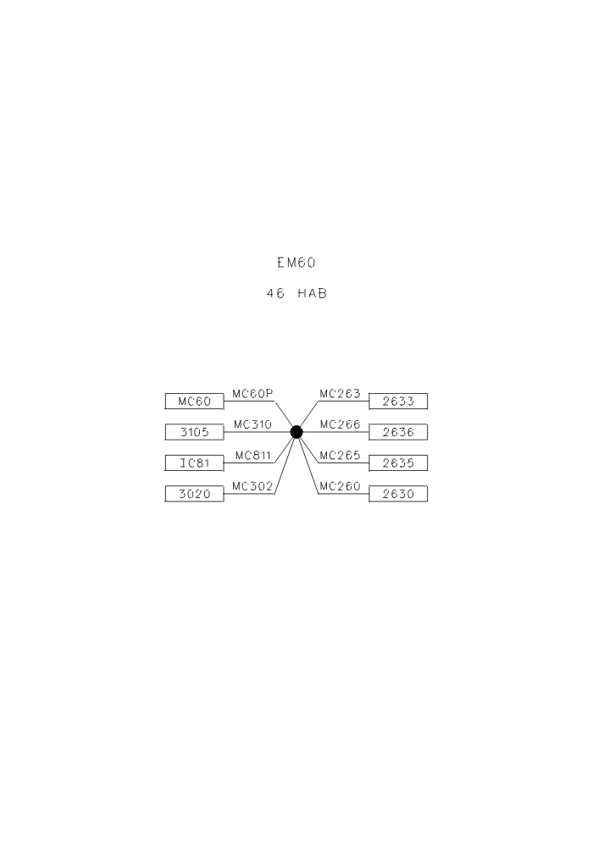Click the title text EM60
pyautogui.click(x=296, y=263)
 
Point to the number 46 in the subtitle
pyautogui.click(x=275, y=294)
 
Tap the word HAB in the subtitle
pyautogui.click(x=312, y=294)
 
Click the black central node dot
pyautogui.click(x=296, y=432)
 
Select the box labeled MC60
pyautogui.click(x=195, y=402)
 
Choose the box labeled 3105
pyautogui.click(x=195, y=432)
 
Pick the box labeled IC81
pyautogui.click(x=195, y=462)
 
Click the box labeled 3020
pyautogui.click(x=195, y=494)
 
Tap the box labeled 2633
pyautogui.click(x=398, y=402)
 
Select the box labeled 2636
pyautogui.click(x=398, y=432)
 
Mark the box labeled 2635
pyautogui.click(x=398, y=462)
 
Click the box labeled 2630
pyautogui.click(x=398, y=494)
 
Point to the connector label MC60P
pyautogui.click(x=252, y=393)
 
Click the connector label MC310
pyautogui.click(x=252, y=424)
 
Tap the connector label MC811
pyautogui.click(x=253, y=455)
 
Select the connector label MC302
pyautogui.click(x=252, y=486)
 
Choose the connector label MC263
pyautogui.click(x=340, y=393)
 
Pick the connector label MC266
pyautogui.click(x=340, y=424)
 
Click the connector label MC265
pyautogui.click(x=340, y=455)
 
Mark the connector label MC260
pyautogui.click(x=340, y=486)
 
